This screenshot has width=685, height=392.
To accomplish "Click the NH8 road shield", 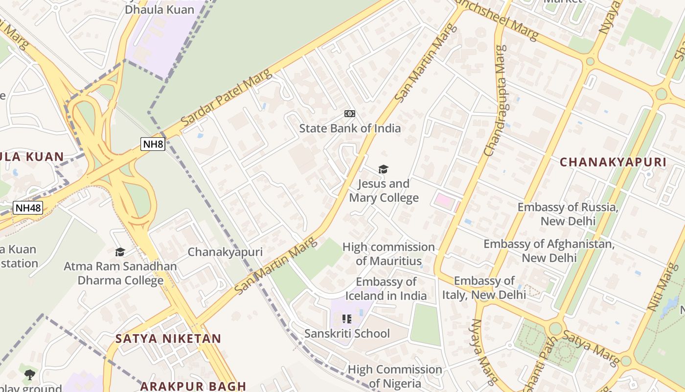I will click(153, 144).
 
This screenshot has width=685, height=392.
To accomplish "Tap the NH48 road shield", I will click(28, 208).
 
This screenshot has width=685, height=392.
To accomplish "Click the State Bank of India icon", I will click(349, 114).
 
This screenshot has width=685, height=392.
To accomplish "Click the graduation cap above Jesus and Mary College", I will click(383, 170).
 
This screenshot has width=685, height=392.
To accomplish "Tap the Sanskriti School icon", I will click(347, 319).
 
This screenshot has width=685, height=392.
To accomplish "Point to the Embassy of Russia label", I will click(568, 214).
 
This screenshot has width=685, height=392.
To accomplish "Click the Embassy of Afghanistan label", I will click(549, 250).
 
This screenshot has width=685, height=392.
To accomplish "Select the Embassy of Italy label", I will click(484, 288).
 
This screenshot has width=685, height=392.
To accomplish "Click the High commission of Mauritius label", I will click(388, 254).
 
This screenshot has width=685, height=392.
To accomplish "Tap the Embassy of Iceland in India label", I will click(386, 289).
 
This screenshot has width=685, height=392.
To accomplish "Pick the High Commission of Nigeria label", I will click(395, 376).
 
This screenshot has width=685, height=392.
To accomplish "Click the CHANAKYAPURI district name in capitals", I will click(613, 162).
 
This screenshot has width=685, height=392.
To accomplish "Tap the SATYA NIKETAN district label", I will click(168, 339).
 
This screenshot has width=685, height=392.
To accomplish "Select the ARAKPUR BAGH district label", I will click(193, 386).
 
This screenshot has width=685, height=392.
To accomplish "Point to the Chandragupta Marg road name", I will click(495, 100).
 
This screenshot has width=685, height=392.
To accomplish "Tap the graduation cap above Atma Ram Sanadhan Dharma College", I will click(120, 252).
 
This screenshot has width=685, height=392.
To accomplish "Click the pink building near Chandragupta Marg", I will click(444, 200).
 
